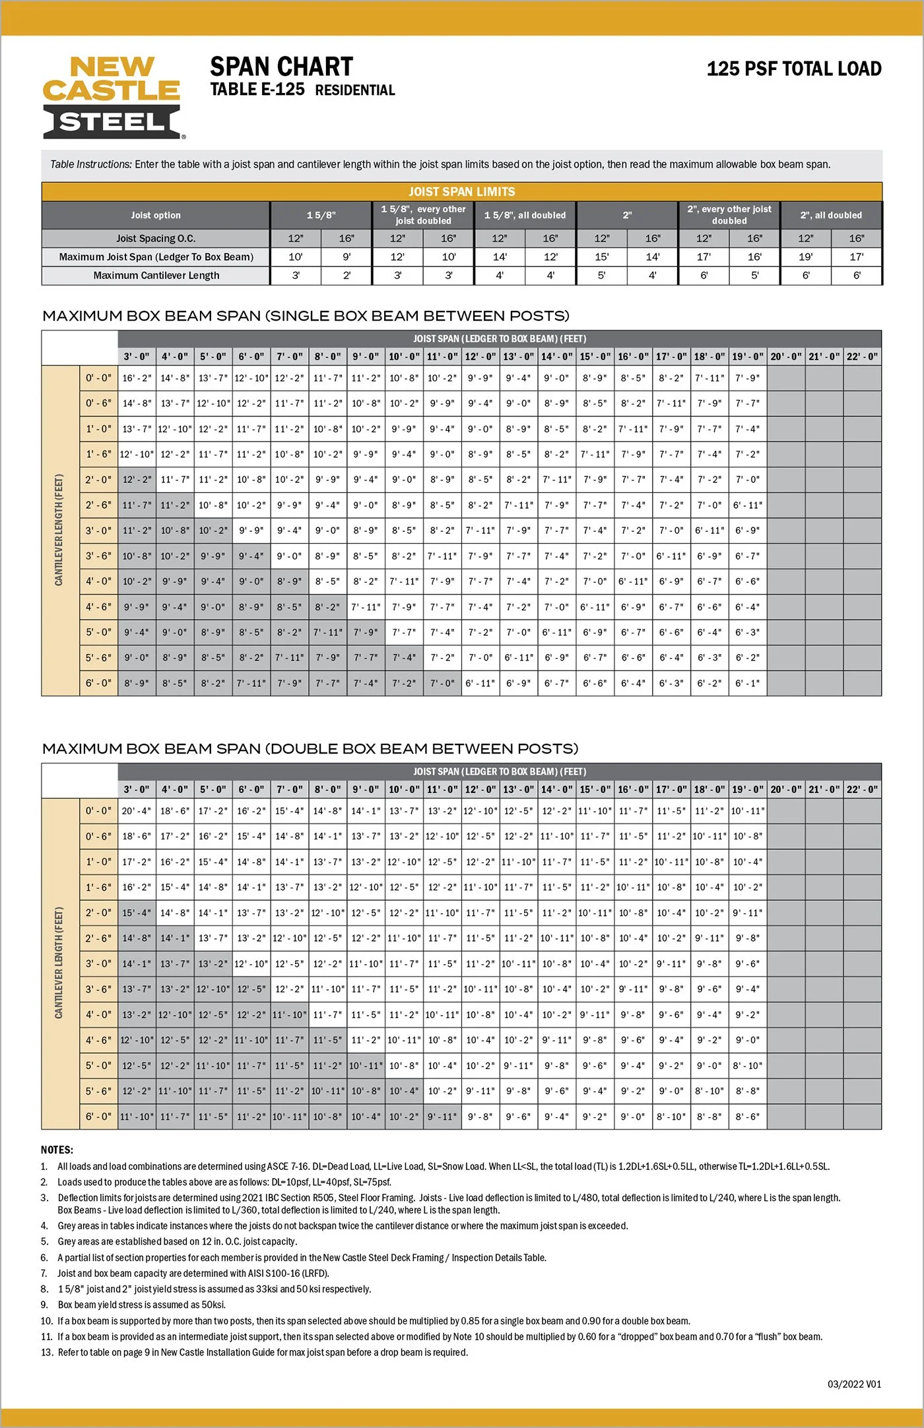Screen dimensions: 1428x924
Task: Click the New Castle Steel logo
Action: [x=113, y=97]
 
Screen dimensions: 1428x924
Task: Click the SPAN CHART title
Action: [x=281, y=67]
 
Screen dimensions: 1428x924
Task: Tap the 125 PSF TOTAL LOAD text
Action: [x=794, y=69]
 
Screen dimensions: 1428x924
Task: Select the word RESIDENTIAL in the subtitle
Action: [x=355, y=90]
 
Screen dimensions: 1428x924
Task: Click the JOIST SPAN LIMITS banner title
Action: [x=461, y=191]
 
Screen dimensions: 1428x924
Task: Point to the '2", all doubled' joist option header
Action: [x=831, y=215]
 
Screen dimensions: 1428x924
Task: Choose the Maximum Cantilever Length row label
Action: [x=156, y=275]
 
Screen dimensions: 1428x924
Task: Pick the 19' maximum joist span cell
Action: [x=805, y=257]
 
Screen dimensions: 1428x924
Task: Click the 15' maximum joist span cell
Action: [x=601, y=257]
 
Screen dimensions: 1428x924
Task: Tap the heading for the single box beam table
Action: [x=306, y=315]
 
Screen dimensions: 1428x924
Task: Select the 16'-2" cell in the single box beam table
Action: [x=137, y=378]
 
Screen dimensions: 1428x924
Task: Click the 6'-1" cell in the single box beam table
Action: [x=748, y=683]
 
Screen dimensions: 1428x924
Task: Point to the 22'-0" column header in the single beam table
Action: [x=862, y=356]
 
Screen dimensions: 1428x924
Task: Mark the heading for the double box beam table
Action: [x=310, y=748]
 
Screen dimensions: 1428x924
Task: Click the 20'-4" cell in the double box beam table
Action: [x=137, y=811]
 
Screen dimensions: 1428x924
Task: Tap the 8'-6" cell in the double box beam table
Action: [x=748, y=1116]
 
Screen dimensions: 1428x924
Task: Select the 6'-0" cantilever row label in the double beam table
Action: [x=98, y=1116]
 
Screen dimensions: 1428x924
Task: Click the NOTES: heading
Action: [x=57, y=1150]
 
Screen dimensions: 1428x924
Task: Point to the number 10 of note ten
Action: [x=46, y=1320]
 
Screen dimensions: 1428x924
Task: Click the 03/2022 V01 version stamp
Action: [x=854, y=1384]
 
